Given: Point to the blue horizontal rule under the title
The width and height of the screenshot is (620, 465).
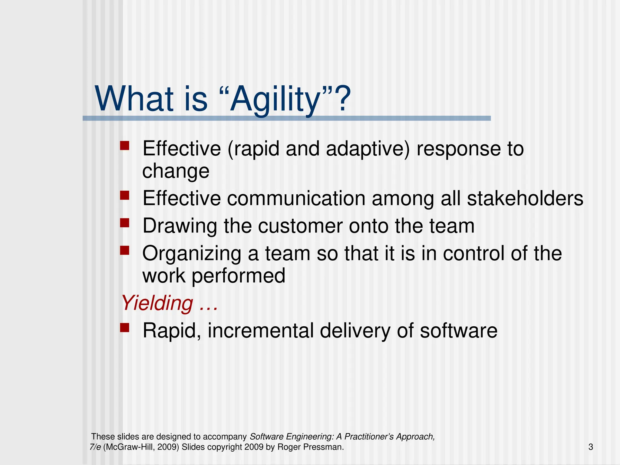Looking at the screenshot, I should pyautogui.click(x=286, y=118).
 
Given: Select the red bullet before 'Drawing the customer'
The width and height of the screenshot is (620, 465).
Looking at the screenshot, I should pyautogui.click(x=124, y=223).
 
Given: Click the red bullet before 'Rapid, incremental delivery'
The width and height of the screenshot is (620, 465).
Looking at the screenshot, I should pyautogui.click(x=124, y=328).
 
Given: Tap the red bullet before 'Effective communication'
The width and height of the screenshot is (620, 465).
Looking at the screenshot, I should pyautogui.click(x=124, y=195).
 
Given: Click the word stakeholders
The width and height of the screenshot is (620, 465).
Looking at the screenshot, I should pyautogui.click(x=525, y=199).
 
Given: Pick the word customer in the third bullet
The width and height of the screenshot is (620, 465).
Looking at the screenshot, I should pyautogui.click(x=300, y=226).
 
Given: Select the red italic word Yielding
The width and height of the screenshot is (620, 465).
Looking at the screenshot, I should pyautogui.click(x=157, y=303).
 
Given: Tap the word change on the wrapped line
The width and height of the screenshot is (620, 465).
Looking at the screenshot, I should pyautogui.click(x=176, y=171).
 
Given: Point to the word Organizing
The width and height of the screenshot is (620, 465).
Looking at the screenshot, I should pyautogui.click(x=192, y=254).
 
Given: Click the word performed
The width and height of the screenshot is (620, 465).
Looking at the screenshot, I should pyautogui.click(x=238, y=276).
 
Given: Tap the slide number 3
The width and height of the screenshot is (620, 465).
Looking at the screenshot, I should pyautogui.click(x=590, y=447).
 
